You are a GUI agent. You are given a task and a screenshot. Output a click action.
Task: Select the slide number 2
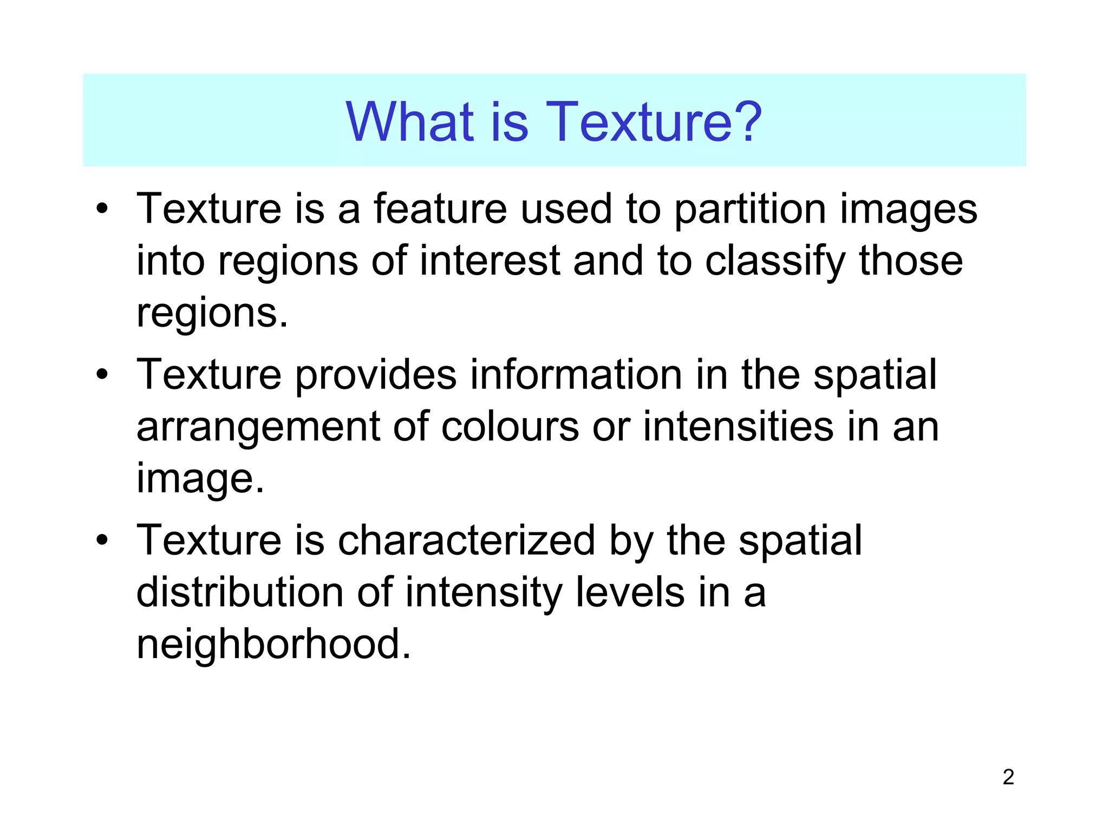(1008, 777)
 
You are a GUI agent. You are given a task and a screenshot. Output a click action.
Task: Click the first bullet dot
(102, 209)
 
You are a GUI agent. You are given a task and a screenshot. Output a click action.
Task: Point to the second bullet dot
(102, 375)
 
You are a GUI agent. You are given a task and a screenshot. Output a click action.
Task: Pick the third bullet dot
(102, 541)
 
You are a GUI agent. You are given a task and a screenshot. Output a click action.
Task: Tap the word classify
(775, 262)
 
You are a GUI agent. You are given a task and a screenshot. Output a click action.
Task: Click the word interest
(489, 261)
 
